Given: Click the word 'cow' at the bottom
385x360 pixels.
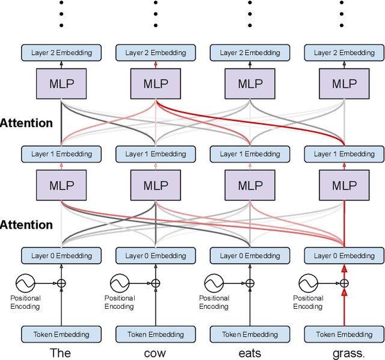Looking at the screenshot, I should pyautogui.click(x=155, y=353).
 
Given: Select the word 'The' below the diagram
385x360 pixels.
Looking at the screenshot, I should pyautogui.click(x=61, y=353).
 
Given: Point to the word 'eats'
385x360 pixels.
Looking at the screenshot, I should pyautogui.click(x=250, y=353).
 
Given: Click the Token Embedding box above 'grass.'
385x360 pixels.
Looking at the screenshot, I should pyautogui.click(x=344, y=334).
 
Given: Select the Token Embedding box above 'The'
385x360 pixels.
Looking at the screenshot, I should pyautogui.click(x=61, y=334).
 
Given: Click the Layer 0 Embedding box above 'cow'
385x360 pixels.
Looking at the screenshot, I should pyautogui.click(x=155, y=256).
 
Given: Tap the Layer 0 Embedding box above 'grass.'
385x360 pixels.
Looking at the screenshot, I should pyautogui.click(x=344, y=256).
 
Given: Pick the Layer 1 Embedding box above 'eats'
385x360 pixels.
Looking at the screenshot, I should pyautogui.click(x=250, y=154).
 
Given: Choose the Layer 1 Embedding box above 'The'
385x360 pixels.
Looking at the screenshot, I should pyautogui.click(x=61, y=154).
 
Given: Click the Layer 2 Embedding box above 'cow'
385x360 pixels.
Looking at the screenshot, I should pyautogui.click(x=155, y=52).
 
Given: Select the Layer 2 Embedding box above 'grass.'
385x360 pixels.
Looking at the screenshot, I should pyautogui.click(x=344, y=52).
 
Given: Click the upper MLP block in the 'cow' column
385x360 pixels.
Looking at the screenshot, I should pyautogui.click(x=155, y=84).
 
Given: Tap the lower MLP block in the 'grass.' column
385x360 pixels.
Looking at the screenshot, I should pyautogui.click(x=344, y=185).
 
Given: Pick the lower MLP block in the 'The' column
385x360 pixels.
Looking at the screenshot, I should pyautogui.click(x=61, y=185).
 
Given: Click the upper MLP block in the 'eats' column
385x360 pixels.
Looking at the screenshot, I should pyautogui.click(x=250, y=84).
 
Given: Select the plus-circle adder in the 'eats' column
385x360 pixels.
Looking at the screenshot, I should pyautogui.click(x=250, y=282).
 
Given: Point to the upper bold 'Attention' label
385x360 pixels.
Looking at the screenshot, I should pyautogui.click(x=26, y=123).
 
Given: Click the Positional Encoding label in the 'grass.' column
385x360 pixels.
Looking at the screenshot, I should pyautogui.click(x=308, y=302).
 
